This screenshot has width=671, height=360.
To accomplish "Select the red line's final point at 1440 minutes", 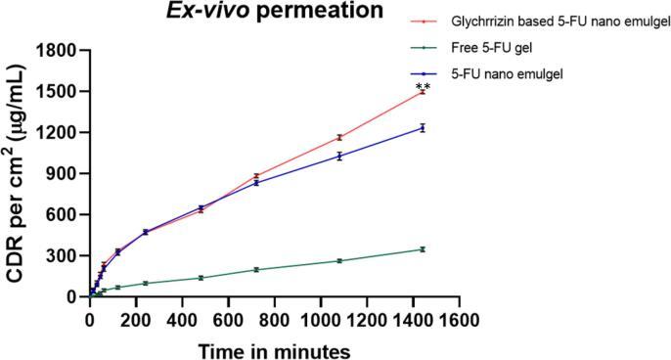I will pos(423,92).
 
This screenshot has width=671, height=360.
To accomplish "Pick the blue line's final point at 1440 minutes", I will pos(423,127).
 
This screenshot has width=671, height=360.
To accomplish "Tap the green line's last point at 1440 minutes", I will pos(423,249).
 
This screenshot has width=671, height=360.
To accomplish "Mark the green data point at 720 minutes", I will pos(256,269).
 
